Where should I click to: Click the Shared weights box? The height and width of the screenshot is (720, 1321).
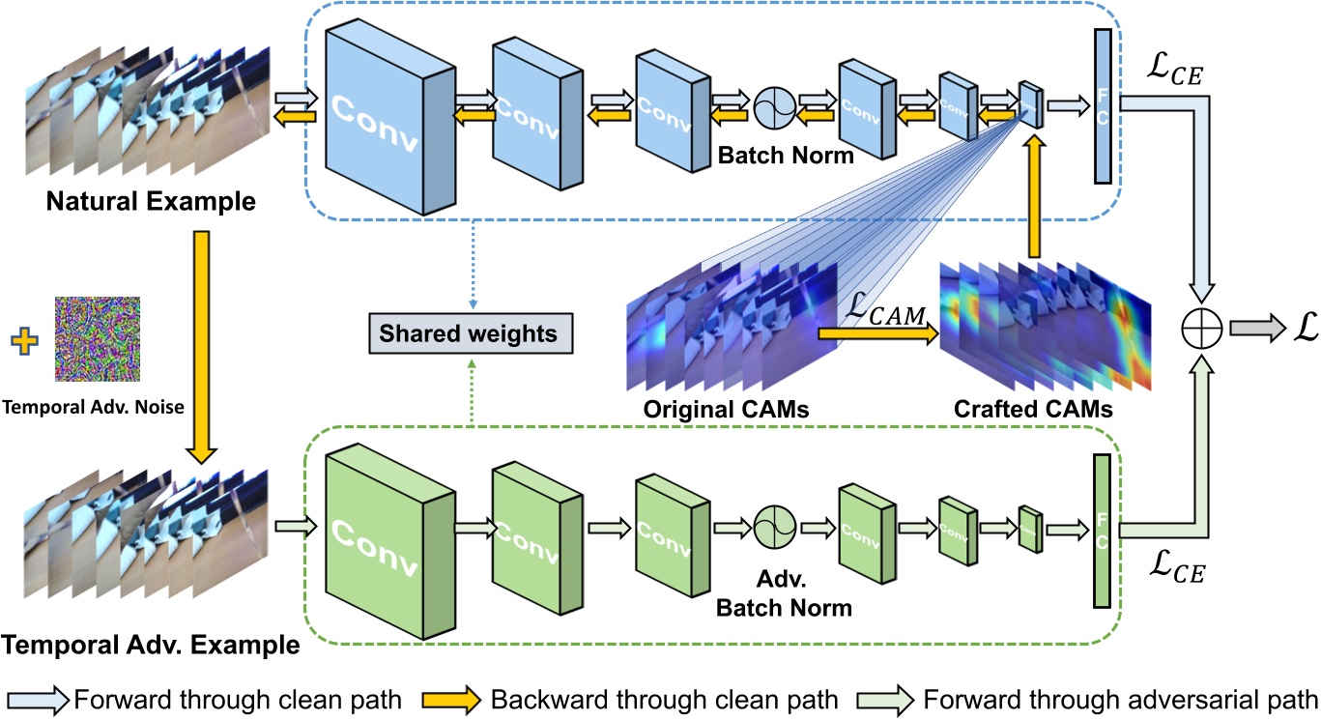click(x=468, y=333)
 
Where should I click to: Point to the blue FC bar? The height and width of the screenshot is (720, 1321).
click(x=1101, y=105)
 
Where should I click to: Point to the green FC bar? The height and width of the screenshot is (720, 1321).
click(x=1101, y=531)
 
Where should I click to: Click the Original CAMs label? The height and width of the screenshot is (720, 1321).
click(x=726, y=409)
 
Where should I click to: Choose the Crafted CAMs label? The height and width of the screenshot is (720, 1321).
click(x=1032, y=409)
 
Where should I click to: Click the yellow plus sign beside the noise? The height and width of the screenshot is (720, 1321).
click(x=24, y=339)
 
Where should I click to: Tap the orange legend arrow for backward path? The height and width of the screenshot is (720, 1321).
click(x=449, y=698)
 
